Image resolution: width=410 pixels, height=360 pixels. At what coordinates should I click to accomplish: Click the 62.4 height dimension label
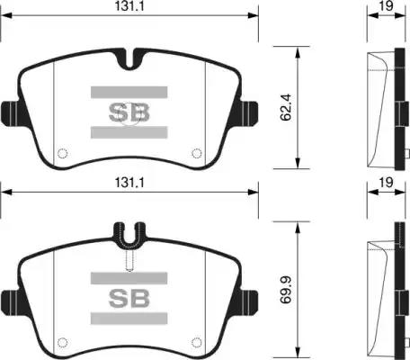click(x=286, y=107)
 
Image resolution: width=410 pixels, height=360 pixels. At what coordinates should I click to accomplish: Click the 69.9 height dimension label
click(x=286, y=291)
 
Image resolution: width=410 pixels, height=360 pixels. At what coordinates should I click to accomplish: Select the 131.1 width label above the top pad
click(x=129, y=6)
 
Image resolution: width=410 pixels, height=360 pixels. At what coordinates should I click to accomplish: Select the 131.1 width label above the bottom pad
click(x=129, y=183)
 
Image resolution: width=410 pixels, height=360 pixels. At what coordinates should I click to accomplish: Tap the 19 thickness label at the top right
click(x=386, y=5)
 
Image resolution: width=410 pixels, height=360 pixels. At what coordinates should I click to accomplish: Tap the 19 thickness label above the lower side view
click(x=386, y=182)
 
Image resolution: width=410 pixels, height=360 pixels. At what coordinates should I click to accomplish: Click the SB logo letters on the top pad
click(x=129, y=112)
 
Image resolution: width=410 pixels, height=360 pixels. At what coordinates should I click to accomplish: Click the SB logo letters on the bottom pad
click(x=129, y=299)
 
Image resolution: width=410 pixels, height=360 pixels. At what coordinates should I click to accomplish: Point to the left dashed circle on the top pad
click(x=62, y=153)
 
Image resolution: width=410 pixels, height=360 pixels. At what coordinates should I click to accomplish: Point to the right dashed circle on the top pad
click(x=197, y=153)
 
